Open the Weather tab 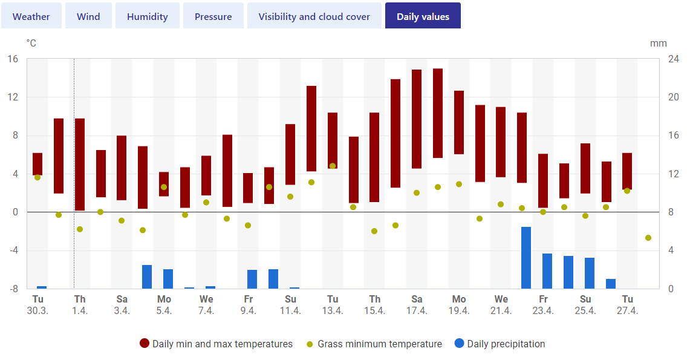pyautogui.click(x=31, y=16)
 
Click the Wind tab pyautogui.click(x=88, y=16)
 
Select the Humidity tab pyautogui.click(x=148, y=16)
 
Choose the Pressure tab pyautogui.click(x=213, y=16)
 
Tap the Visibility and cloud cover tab pyautogui.click(x=314, y=16)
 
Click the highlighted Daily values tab pyautogui.click(x=423, y=16)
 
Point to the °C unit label pyautogui.click(x=31, y=43)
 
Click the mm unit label pyautogui.click(x=659, y=44)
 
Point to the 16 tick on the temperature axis pyautogui.click(x=13, y=59)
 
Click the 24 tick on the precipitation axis pyautogui.click(x=673, y=59)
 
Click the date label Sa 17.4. pyautogui.click(x=417, y=304)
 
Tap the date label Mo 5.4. pyautogui.click(x=164, y=304)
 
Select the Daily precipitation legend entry pyautogui.click(x=500, y=344)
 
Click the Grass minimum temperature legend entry pyautogui.click(x=374, y=344)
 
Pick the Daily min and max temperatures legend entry pyautogui.click(x=216, y=344)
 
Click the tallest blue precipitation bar pyautogui.click(x=526, y=258)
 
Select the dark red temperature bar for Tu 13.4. pyautogui.click(x=333, y=141)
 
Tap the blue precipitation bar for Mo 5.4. pyautogui.click(x=168, y=279)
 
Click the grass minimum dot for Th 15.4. pyautogui.click(x=374, y=231)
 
